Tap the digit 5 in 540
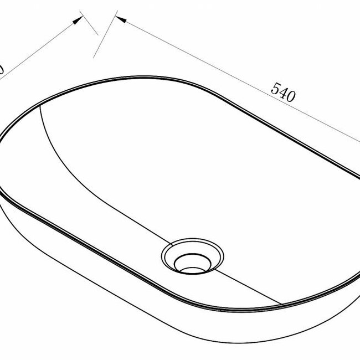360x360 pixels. pyautogui.click(x=275, y=88)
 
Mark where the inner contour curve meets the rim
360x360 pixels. pyautogui.click(x=40, y=106)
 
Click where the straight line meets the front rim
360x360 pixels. pyautogui.click(x=282, y=305)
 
